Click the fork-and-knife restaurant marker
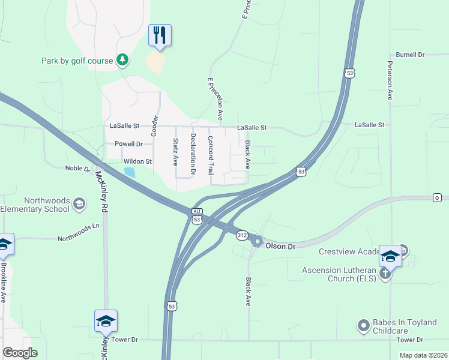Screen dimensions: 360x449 pyautogui.click(x=160, y=35)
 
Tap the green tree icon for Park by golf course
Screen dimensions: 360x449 pyautogui.click(x=122, y=59)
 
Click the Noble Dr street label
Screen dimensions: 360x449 pyautogui.click(x=77, y=169)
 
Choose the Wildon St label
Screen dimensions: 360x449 pyautogui.click(x=137, y=161)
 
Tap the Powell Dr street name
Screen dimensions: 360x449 pyautogui.click(x=128, y=144)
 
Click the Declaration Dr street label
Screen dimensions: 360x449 pyautogui.click(x=193, y=154)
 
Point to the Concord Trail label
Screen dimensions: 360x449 pyautogui.click(x=211, y=155)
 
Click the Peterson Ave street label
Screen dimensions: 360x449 pyautogui.click(x=390, y=80)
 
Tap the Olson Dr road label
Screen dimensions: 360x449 pyautogui.click(x=281, y=247)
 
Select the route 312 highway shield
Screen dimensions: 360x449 pyautogui.click(x=241, y=234)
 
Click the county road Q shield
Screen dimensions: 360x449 pyautogui.click(x=438, y=197)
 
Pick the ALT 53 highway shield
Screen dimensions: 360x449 pyautogui.click(x=196, y=215)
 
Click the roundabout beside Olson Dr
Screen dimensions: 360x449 pyautogui.click(x=258, y=242)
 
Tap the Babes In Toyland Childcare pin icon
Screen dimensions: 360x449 pyautogui.click(x=363, y=326)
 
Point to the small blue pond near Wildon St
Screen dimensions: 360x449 pyautogui.click(x=129, y=172)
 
